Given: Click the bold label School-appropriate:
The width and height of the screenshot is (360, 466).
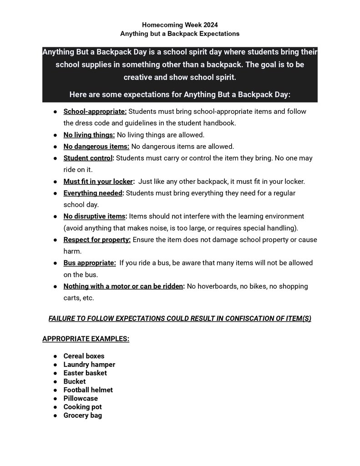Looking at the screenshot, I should click(x=95, y=111).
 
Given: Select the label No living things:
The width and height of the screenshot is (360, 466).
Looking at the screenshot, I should click(x=89, y=135).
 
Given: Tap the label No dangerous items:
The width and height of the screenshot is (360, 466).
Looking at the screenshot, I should click(x=96, y=147).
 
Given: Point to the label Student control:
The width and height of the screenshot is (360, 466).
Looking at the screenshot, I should click(x=89, y=158).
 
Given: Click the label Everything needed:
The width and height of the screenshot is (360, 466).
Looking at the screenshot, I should click(x=94, y=193).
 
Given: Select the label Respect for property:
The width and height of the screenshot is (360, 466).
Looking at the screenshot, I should click(x=97, y=239).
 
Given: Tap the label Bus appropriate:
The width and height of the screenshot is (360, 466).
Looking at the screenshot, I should click(x=90, y=263).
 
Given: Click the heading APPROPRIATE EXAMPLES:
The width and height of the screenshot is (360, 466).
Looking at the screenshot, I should click(x=86, y=339).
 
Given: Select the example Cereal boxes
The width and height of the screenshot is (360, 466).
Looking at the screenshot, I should click(x=84, y=356).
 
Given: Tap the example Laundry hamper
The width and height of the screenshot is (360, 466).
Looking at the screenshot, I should click(x=89, y=365).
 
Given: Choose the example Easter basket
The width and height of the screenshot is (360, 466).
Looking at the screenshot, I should click(x=85, y=373).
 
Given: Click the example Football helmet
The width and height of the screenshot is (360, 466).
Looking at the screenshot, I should click(x=88, y=390).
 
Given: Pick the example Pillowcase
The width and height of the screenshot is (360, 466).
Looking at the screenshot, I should click(x=81, y=398).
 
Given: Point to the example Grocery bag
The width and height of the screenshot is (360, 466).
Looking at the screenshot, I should click(x=82, y=415).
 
